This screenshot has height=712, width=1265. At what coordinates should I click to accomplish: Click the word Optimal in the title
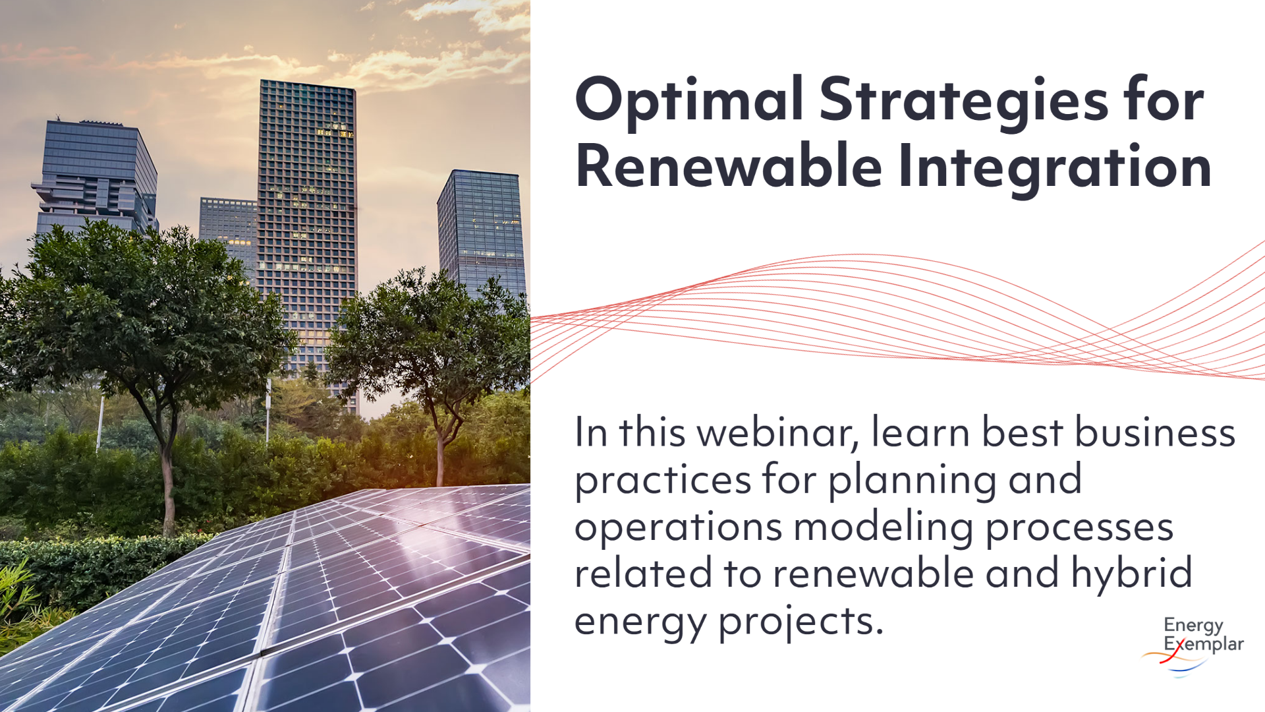689,100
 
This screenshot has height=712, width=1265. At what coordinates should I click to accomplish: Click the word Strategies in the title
963,100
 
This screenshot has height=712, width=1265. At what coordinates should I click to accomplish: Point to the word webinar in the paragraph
777,433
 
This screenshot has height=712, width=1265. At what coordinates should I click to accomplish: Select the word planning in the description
912,480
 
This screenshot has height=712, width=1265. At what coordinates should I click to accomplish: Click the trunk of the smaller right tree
440,455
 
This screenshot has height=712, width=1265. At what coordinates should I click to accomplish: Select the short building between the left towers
228,224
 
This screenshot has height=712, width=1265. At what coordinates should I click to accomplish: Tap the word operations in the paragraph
678,527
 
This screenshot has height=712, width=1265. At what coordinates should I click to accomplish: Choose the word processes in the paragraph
1079,527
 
